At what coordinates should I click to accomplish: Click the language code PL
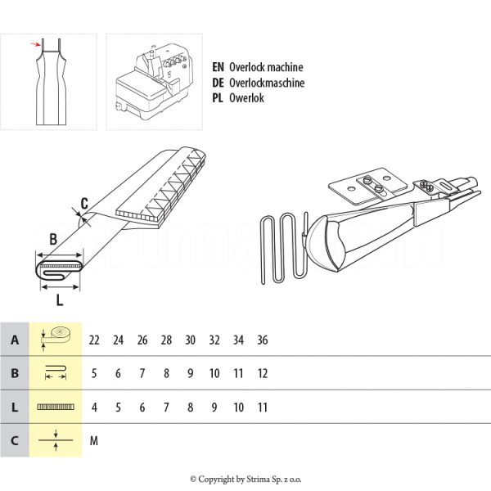coord(218,97)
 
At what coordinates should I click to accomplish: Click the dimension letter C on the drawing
coord(84,204)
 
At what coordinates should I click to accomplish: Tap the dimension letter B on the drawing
coord(52,240)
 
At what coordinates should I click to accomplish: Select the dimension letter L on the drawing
coord(60,299)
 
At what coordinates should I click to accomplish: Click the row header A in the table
coord(15,340)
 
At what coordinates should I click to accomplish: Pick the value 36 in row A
coord(262,340)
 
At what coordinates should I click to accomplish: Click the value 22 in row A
coord(95,340)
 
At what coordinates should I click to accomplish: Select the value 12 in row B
coord(262,373)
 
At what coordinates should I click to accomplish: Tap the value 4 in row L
coord(95,407)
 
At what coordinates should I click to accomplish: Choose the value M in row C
coord(94,440)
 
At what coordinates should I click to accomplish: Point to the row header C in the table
coord(15,440)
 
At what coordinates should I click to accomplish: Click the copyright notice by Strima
coord(245,479)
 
